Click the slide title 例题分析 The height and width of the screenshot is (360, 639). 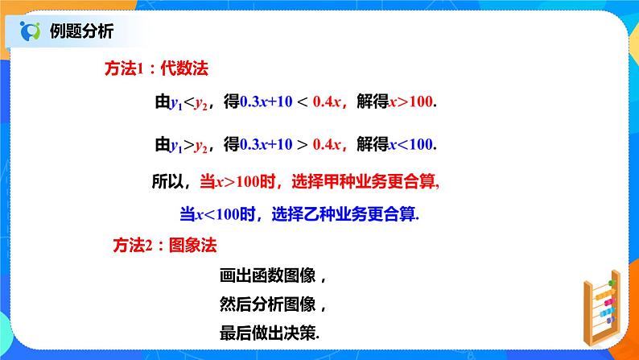coord(81,31)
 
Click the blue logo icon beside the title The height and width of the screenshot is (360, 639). coord(31,32)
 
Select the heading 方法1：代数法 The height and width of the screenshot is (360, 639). coord(157,69)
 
